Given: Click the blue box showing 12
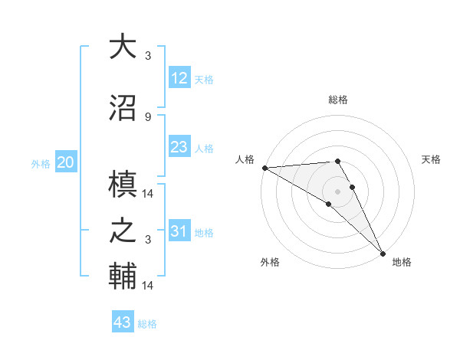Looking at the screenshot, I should pos(179,78).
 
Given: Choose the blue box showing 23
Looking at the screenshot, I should pos(179,147).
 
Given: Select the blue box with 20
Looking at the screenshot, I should pos(66,162).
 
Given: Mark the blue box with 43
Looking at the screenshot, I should pos(122,322).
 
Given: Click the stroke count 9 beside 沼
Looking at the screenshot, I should pos(147,117).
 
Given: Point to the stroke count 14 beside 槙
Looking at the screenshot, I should pos(148,195).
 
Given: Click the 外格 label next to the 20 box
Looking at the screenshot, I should pos(41,163).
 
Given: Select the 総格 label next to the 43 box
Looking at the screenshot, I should pos(147,324).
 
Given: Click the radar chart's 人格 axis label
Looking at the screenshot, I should pos(245,159).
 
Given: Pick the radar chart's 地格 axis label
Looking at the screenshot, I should pos(402,262).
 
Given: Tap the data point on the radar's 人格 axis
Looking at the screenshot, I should pos(264,168).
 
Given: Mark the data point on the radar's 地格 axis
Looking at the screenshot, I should pos(382,253).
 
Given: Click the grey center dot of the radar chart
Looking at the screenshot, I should pos(337,190).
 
